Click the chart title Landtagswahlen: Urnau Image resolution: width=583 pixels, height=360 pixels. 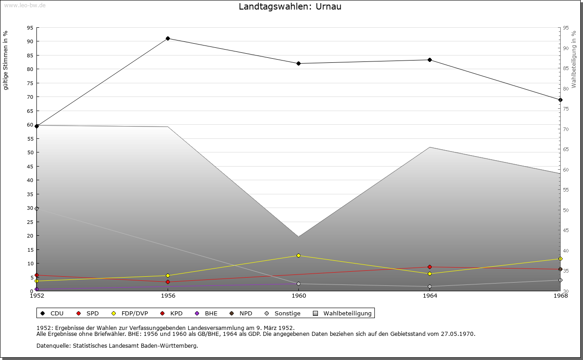[x=290, y=7]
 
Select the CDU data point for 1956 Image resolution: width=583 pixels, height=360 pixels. [x=168, y=38]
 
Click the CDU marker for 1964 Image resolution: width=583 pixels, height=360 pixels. [x=430, y=60]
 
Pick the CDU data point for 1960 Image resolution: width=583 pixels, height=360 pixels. [x=298, y=63]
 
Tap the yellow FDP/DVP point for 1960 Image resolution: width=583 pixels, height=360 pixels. [x=298, y=255]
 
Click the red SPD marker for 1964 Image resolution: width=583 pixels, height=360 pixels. [x=430, y=267]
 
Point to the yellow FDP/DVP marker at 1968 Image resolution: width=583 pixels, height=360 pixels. [x=560, y=259]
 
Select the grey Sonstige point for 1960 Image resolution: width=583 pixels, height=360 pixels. [x=298, y=284]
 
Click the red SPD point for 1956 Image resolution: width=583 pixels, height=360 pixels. [x=168, y=282]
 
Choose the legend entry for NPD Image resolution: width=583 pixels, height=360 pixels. [x=241, y=313]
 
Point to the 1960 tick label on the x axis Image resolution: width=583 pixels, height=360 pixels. [x=298, y=296]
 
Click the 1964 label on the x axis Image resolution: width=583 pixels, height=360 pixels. [x=430, y=296]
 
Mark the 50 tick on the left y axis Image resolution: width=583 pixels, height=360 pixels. [x=30, y=152]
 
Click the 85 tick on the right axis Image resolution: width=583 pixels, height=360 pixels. [x=566, y=68]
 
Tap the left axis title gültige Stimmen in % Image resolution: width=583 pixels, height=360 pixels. [x=6, y=60]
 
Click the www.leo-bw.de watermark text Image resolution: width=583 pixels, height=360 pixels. [x=24, y=5]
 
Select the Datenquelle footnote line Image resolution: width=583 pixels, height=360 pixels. [x=117, y=345]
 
